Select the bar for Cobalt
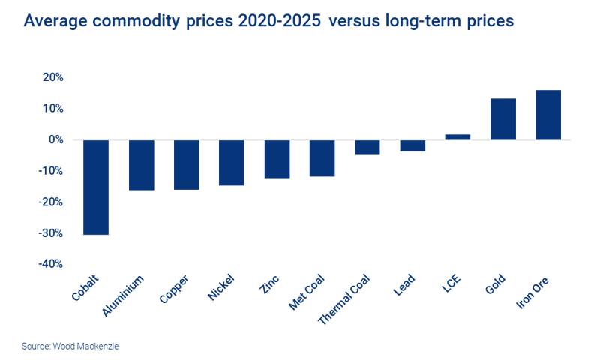pos(95,187)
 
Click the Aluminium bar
pos(141,166)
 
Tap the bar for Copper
pos(186,165)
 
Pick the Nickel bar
pos(231,163)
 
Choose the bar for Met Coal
pos(322,158)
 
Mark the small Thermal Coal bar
pos(367,148)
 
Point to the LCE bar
pos(457,137)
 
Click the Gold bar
pos(502,119)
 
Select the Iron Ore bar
pos(547,115)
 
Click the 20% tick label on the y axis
pos(52,77)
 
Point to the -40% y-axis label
pos(50,264)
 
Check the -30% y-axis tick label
pos(50,233)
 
